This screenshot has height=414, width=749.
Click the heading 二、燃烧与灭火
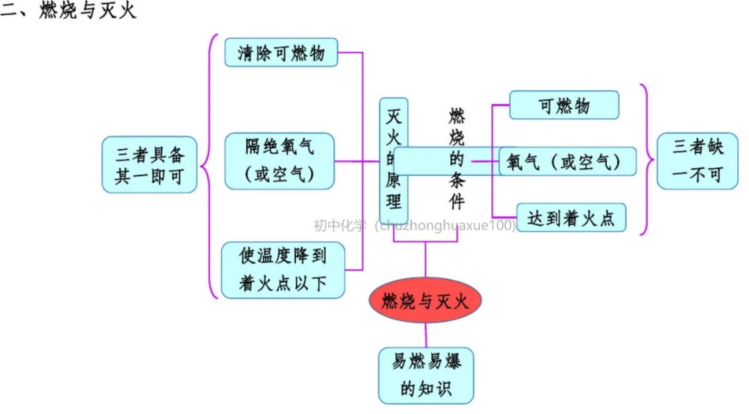(69, 12)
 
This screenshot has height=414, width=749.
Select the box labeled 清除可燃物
(281, 53)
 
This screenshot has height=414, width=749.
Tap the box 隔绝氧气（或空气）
(279, 161)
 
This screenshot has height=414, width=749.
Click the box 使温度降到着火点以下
(282, 270)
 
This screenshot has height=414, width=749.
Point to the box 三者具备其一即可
(149, 164)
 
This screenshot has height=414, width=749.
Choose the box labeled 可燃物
(564, 105)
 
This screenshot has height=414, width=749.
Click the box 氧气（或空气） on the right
(567, 162)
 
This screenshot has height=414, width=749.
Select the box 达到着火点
(571, 218)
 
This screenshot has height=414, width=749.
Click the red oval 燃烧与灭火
(424, 300)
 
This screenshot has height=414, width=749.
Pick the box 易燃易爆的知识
(426, 375)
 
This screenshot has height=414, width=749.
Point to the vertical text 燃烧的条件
(456, 158)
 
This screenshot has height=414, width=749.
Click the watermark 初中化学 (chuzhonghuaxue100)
(414, 226)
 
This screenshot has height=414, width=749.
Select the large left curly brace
(209, 166)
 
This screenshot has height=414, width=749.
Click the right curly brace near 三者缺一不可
(647, 161)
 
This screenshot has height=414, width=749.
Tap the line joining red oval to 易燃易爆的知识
(425, 335)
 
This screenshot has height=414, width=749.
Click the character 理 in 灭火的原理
(393, 202)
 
